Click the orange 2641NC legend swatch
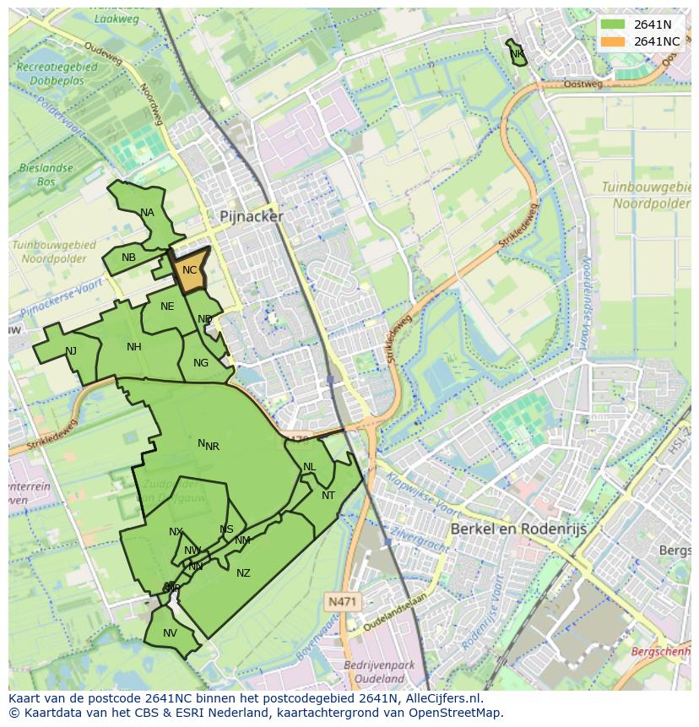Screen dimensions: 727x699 614,41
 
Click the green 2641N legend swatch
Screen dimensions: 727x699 614,24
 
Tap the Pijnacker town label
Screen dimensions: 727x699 252,216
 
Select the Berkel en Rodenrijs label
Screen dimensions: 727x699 518,529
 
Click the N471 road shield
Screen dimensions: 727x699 342,601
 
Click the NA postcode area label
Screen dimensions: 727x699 148,213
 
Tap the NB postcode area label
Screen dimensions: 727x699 128,258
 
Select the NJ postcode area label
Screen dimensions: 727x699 71,351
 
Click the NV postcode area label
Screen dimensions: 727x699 171,633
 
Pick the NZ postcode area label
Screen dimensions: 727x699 243,573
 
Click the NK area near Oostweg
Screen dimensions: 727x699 517,54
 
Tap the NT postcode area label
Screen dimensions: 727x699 328,496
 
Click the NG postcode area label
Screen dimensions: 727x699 201,363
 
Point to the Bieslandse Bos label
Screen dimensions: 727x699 46,175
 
